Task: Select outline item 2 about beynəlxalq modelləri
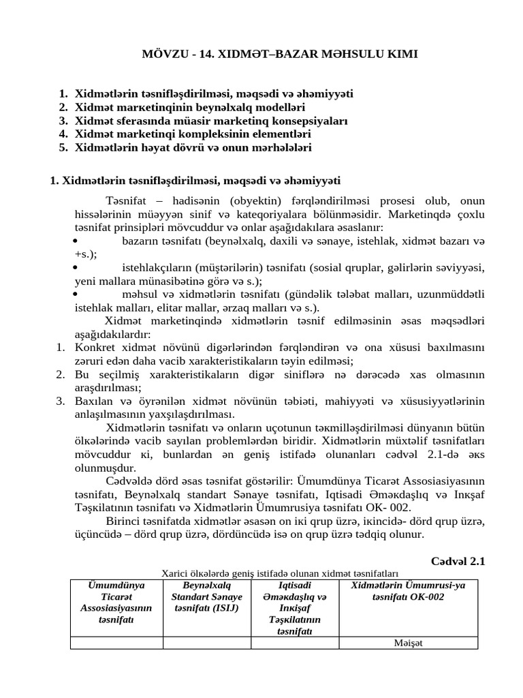190,107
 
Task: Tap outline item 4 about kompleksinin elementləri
193,134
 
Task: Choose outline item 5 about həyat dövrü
193,147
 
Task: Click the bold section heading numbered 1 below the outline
196,181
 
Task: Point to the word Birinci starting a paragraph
127,521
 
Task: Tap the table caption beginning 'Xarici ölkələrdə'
279,574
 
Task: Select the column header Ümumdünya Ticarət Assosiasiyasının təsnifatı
116,603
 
